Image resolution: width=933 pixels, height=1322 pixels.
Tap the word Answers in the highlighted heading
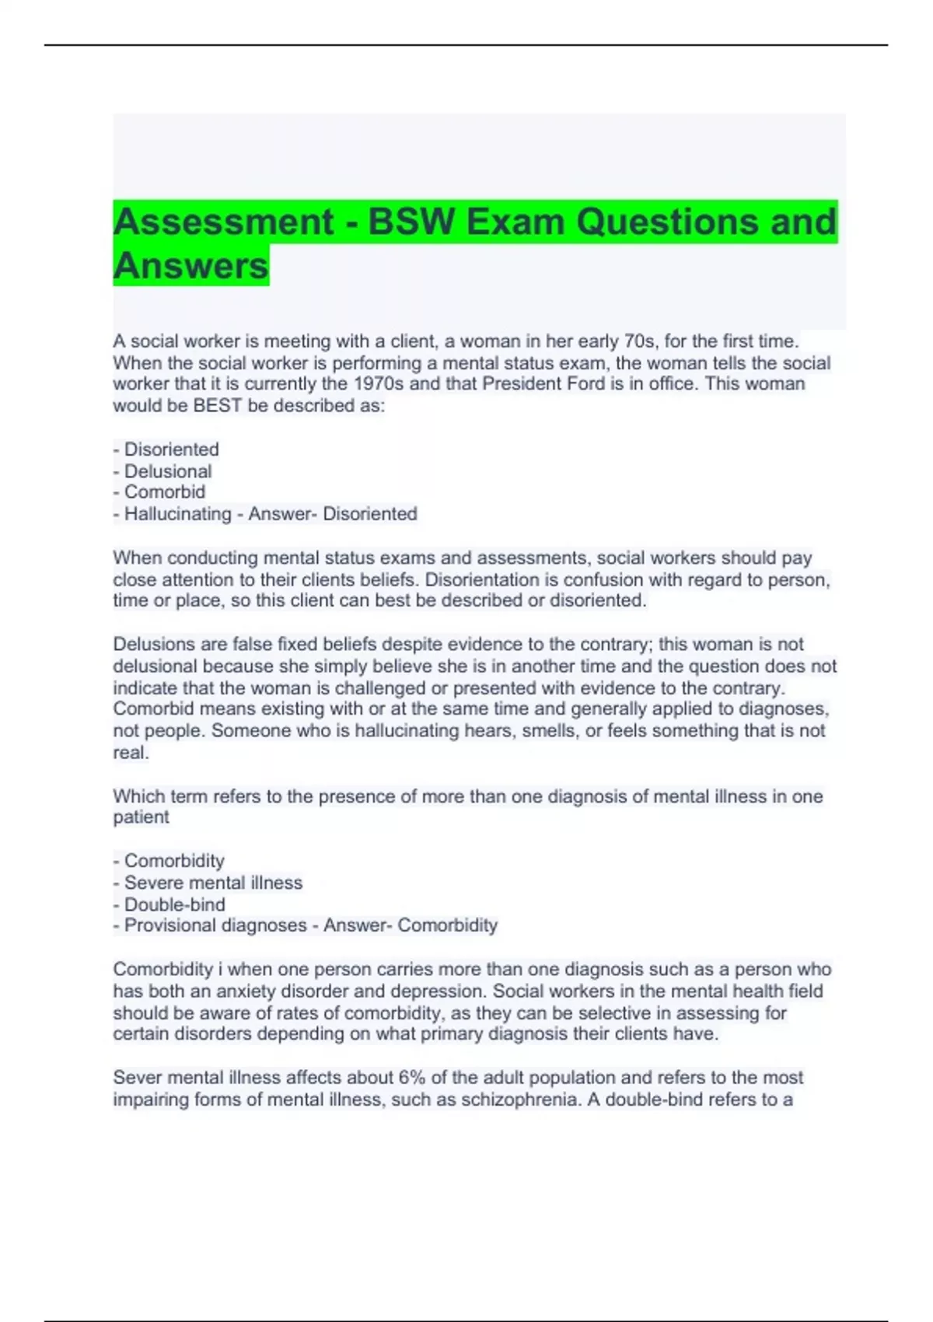pyautogui.click(x=191, y=266)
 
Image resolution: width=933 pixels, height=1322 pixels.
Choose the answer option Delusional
pyautogui.click(x=168, y=471)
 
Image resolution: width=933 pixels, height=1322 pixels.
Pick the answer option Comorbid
pyautogui.click(x=165, y=492)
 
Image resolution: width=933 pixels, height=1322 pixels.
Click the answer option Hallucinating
pyautogui.click(x=178, y=514)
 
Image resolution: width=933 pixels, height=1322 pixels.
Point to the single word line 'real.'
pyautogui.click(x=131, y=753)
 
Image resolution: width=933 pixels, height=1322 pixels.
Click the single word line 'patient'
pyautogui.click(x=141, y=817)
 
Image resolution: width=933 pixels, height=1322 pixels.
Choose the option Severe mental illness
pyautogui.click(x=213, y=883)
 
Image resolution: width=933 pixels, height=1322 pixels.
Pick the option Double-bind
pyautogui.click(x=175, y=904)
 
